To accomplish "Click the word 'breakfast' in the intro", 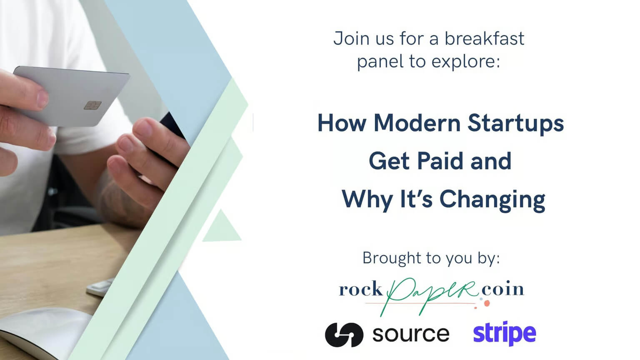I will coord(484,39).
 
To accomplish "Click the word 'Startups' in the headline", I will coord(515,124).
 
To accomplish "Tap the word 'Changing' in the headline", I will coord(492,200).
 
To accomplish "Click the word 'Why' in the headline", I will coord(367,200).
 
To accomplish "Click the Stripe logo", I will coord(505,334).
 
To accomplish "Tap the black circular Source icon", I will coord(344,335).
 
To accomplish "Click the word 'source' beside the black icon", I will coord(410,334).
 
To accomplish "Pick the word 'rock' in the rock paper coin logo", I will coord(360,289).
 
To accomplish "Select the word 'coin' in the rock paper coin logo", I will coord(502,289).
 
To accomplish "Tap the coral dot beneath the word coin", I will coord(487,304).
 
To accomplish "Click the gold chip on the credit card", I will coord(92,105).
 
